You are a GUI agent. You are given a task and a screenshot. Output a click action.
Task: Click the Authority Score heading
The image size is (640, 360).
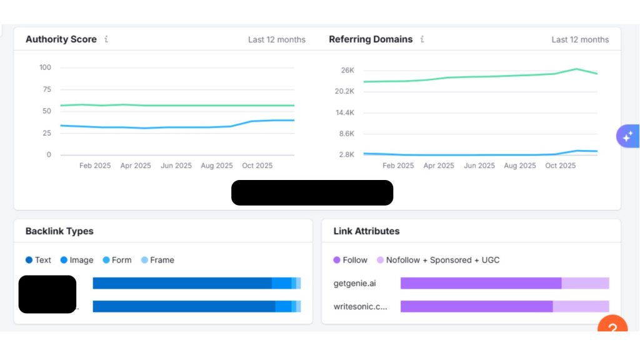coord(61,39)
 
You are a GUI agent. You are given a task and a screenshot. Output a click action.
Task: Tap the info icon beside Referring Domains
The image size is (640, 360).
coord(422,39)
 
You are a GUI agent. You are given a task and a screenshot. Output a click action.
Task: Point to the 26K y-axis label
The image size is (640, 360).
coord(347,70)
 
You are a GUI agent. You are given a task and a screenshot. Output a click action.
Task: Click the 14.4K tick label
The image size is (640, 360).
coord(344,112)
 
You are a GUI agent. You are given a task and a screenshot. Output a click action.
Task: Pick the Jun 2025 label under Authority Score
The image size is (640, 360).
coord(176,166)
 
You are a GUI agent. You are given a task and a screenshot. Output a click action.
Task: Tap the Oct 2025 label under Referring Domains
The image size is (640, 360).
coord(560,166)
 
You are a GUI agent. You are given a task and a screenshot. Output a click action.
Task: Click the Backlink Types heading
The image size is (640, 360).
coord(59,231)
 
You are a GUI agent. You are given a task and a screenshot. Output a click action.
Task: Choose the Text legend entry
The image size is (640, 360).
coord(39,260)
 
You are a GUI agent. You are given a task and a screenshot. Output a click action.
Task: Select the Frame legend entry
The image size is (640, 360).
coord(157,260)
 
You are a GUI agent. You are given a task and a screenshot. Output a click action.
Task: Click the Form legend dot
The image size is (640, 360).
coord(106,260)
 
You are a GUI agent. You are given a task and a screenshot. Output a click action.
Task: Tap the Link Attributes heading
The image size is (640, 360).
coord(366,231)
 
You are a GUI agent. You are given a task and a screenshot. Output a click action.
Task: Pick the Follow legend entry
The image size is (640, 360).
coord(351,260)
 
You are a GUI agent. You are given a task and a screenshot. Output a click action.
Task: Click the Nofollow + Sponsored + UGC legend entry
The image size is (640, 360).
coord(438,260)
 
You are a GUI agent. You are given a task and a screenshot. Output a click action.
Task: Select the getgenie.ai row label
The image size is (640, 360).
coord(355,283)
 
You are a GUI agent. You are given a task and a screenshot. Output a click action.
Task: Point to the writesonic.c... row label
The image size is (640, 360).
coord(360,306)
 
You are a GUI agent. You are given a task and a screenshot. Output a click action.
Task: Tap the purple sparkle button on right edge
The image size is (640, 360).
coord(627,136)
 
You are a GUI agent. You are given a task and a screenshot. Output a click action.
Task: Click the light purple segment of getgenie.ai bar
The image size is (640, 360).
coord(585,283)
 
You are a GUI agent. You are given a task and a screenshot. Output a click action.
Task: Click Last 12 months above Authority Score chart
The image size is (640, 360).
coord(277,39)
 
